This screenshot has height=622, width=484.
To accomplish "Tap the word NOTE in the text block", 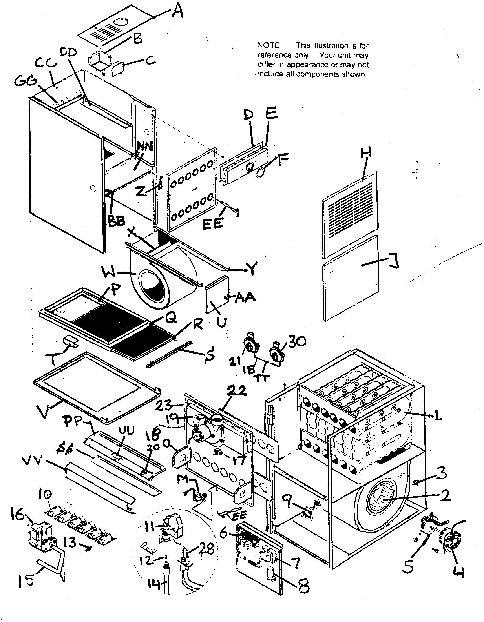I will click(268, 45).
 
